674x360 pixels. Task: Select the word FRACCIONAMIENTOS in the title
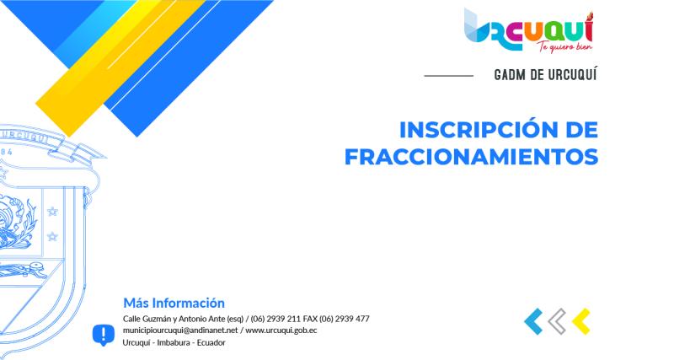[472, 158]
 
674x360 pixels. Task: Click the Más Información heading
[174, 303]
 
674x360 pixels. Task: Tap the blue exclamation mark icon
[103, 335]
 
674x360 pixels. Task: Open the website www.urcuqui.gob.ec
[281, 330]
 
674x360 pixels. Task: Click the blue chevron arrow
[532, 321]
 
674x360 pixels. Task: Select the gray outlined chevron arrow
[556, 321]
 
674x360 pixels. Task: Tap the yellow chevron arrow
[580, 321]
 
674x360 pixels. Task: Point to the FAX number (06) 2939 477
[345, 319]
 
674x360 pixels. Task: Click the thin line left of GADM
[448, 76]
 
